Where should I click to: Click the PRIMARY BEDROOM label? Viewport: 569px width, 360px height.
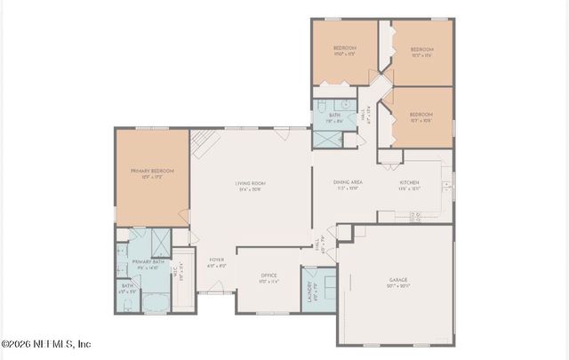pos(151,171)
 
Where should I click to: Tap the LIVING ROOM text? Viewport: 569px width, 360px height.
pos(251,184)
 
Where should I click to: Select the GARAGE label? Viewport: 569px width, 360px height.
pos(397,280)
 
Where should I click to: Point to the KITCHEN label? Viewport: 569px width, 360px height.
pos(408,184)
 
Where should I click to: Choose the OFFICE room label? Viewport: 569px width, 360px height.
pos(268,276)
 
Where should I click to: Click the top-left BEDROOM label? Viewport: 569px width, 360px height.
pos(345,48)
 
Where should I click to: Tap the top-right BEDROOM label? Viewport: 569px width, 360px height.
pos(421,50)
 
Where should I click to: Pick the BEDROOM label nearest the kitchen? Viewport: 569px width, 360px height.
pos(421,115)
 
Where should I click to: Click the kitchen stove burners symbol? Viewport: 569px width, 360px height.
pos(414,216)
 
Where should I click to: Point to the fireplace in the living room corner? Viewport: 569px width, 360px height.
pos(204,138)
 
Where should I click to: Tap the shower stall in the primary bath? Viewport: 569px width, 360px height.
pos(161,242)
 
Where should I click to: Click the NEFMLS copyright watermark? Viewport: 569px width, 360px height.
pos(46,344)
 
